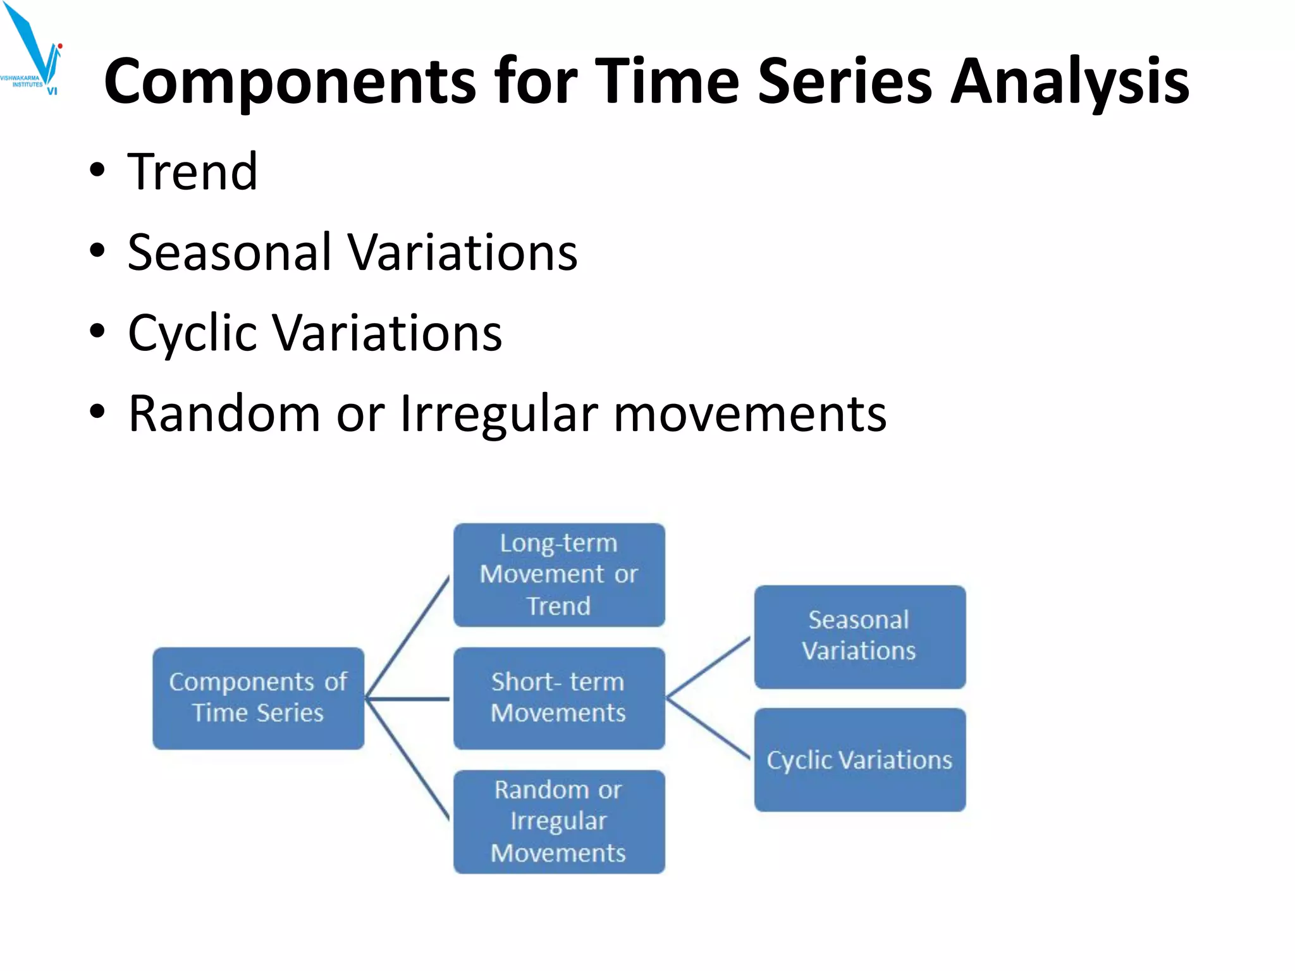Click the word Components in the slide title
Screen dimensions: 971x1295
[290, 82]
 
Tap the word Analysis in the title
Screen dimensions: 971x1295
[1070, 82]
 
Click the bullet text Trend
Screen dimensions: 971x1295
[192, 172]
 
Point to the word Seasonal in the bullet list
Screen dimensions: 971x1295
[229, 252]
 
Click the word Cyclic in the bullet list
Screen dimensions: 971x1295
[192, 333]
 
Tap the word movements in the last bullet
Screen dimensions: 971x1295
[750, 414]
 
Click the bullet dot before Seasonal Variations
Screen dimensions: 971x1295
[97, 250]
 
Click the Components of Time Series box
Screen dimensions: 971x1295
[258, 698]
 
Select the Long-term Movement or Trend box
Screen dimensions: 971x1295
[559, 575]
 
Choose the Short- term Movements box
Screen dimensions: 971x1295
[559, 698]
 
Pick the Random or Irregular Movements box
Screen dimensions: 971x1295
[559, 821]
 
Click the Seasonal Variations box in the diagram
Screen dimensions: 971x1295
[859, 636]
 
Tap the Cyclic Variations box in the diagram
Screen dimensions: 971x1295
[859, 759]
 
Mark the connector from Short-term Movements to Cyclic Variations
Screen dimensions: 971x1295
[708, 728]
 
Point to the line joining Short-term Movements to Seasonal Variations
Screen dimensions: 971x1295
[708, 668]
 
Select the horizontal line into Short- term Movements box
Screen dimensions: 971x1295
[408, 699]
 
